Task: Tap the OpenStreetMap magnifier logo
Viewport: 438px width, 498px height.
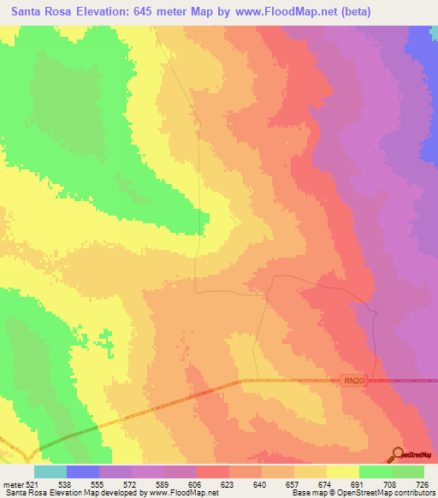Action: (x=399, y=454)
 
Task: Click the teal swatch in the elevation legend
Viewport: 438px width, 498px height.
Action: (x=50, y=471)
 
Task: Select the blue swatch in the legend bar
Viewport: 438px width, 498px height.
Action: (x=83, y=471)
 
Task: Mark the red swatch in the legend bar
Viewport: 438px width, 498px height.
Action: (x=213, y=471)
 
